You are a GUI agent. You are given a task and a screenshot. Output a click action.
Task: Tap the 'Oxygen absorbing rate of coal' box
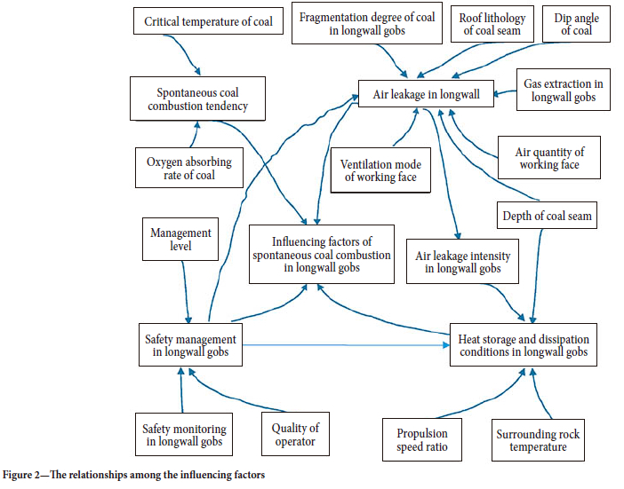pos(189,169)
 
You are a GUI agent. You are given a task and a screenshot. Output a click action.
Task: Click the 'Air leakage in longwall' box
pos(426,94)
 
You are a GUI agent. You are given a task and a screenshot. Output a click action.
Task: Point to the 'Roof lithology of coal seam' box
pos(492,25)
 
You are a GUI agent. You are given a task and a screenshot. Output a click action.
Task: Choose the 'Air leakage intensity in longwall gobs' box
pos(463,262)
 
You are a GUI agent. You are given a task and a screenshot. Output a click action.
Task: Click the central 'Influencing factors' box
pos(321,255)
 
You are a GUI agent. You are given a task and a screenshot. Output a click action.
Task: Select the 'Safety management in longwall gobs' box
pos(190,345)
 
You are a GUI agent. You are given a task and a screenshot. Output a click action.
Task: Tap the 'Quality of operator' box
pos(295,434)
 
